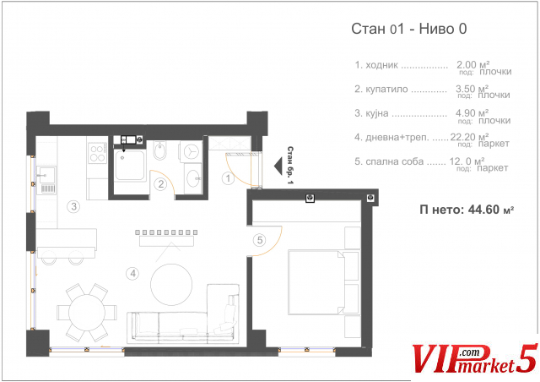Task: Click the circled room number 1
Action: coord(228,178)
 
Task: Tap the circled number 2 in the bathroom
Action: coord(161,184)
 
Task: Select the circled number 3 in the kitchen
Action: coord(73,207)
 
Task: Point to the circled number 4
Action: coord(133,274)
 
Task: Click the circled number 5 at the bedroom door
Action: coord(260,240)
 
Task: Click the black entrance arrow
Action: coord(278,166)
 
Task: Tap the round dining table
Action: coord(87,313)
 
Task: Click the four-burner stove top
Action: coord(98,153)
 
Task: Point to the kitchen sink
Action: coord(46,176)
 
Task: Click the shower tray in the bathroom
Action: coord(129,165)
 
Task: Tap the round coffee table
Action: coord(171,284)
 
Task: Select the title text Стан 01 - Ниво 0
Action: coord(408,29)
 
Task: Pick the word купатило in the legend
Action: coord(386,90)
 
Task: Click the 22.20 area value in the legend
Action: coord(462,137)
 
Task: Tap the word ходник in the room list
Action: coord(381,65)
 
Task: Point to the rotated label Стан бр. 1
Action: coord(290,165)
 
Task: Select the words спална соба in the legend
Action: coord(394,161)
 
